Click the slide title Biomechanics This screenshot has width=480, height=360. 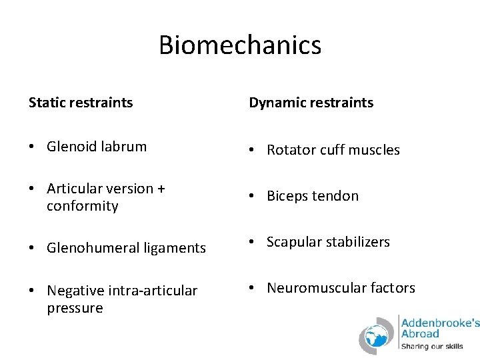pos(240,45)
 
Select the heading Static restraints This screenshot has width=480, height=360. pos(81,103)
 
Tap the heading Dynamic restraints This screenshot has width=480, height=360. pos(311,103)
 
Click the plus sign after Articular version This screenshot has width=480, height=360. pos(161,189)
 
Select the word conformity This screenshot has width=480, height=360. pos(82,207)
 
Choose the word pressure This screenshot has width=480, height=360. pos(75,308)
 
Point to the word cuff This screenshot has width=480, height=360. pos(333,150)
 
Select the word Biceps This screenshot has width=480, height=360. pos(287,196)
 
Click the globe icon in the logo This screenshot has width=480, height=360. pos(378,335)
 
